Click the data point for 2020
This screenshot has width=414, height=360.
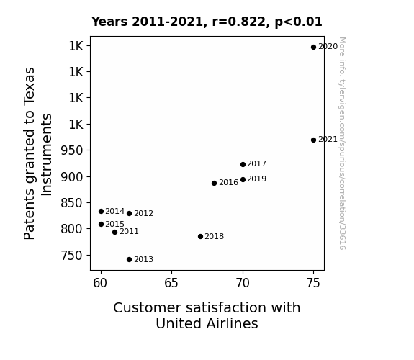click(313, 48)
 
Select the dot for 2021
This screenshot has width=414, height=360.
click(313, 140)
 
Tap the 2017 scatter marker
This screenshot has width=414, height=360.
click(243, 165)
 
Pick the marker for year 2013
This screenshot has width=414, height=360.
click(129, 260)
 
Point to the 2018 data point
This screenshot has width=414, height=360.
click(200, 237)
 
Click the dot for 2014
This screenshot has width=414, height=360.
click(101, 211)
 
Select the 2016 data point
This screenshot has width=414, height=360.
click(214, 184)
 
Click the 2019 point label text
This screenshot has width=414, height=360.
click(256, 179)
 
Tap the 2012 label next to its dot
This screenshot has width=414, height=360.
click(143, 213)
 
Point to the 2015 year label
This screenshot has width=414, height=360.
click(115, 224)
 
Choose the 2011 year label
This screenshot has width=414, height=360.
click(129, 232)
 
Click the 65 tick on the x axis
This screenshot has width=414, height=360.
click(171, 283)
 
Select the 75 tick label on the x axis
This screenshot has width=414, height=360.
click(313, 283)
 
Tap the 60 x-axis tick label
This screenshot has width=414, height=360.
click(100, 283)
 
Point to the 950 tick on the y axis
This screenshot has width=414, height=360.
click(72, 150)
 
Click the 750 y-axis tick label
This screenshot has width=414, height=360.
click(72, 256)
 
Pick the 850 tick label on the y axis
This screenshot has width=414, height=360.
click(72, 203)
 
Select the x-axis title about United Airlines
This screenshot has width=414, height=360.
click(207, 315)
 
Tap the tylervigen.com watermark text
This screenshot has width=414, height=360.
click(342, 143)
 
